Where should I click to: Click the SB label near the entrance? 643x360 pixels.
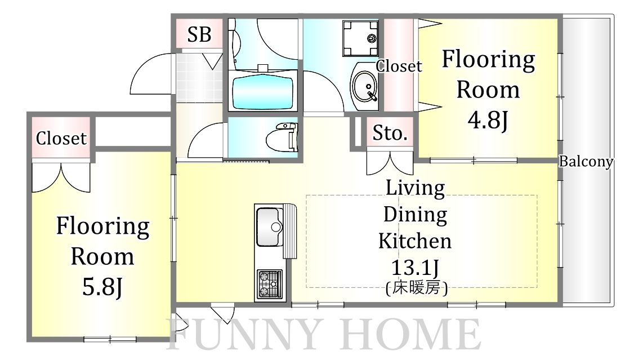(199, 34)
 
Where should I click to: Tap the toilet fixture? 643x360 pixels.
(282, 137)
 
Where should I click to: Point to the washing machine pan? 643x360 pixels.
(360, 38)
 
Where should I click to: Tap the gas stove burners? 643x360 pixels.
(270, 284)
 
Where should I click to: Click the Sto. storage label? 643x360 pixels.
(390, 134)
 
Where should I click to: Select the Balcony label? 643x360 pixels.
(586, 161)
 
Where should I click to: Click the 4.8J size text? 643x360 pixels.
(488, 120)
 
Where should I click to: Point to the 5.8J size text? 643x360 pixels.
(102, 287)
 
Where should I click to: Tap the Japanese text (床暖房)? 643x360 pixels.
(417, 288)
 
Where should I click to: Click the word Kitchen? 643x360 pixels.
(414, 241)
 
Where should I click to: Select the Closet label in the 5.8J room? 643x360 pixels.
(61, 139)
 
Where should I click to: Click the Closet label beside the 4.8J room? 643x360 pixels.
(399, 66)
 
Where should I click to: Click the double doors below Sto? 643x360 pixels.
(390, 163)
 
